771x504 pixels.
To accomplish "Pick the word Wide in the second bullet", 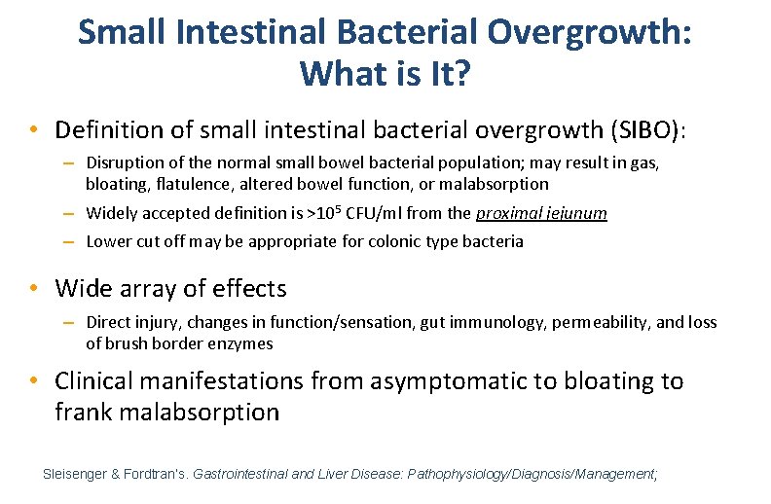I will pyautogui.click(x=80, y=288).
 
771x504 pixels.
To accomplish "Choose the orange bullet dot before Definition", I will pyautogui.click(x=34, y=129).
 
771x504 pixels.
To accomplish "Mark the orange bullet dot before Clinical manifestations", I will pyautogui.click(x=34, y=380).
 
